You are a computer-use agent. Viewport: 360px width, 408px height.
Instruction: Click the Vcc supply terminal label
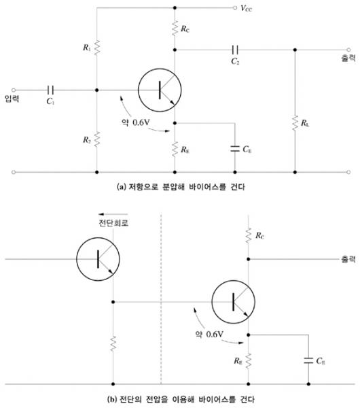coord(246,8)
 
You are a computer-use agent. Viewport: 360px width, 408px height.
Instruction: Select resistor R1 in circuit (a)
coord(96,48)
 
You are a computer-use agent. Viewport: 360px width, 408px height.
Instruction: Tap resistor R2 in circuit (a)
coord(96,139)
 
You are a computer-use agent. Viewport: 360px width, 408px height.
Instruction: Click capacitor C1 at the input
coord(50,90)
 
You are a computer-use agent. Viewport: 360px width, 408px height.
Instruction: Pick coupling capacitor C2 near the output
coord(235,50)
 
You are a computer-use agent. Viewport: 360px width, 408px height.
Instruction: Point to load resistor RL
coord(295,123)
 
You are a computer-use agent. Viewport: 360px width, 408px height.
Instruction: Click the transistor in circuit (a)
coord(160,90)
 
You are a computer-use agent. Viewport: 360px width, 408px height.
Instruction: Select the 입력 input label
coord(12,99)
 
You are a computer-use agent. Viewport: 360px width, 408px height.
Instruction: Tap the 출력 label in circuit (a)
coord(348,58)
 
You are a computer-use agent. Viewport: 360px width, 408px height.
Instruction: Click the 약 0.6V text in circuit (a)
coord(136,122)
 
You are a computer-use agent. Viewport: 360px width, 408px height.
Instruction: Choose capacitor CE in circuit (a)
coord(235,149)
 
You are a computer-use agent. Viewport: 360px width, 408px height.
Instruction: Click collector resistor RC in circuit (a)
coord(175,28)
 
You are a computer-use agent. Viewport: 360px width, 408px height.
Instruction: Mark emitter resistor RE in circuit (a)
coord(175,149)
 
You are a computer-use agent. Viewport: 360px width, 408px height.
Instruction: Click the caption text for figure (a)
coord(181,186)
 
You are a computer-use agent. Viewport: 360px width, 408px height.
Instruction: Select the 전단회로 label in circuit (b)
coord(113,223)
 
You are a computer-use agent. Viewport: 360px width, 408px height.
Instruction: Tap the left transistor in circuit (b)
coord(98,259)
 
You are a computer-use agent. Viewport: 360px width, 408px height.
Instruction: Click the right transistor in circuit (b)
coord(234,302)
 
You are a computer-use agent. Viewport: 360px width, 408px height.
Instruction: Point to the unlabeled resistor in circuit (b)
coord(113,343)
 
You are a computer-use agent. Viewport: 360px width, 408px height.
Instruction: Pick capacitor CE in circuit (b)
coord(308,360)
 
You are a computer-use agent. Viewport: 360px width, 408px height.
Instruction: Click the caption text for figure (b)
coord(181,399)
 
